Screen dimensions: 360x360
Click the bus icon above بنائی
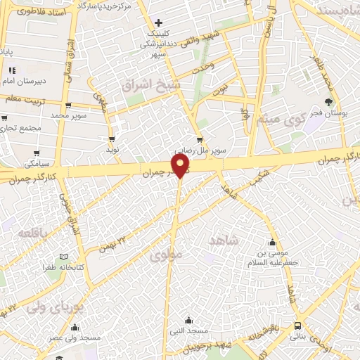(298, 326)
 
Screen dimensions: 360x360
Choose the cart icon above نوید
(112, 139)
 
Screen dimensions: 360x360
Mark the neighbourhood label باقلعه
(34, 233)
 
